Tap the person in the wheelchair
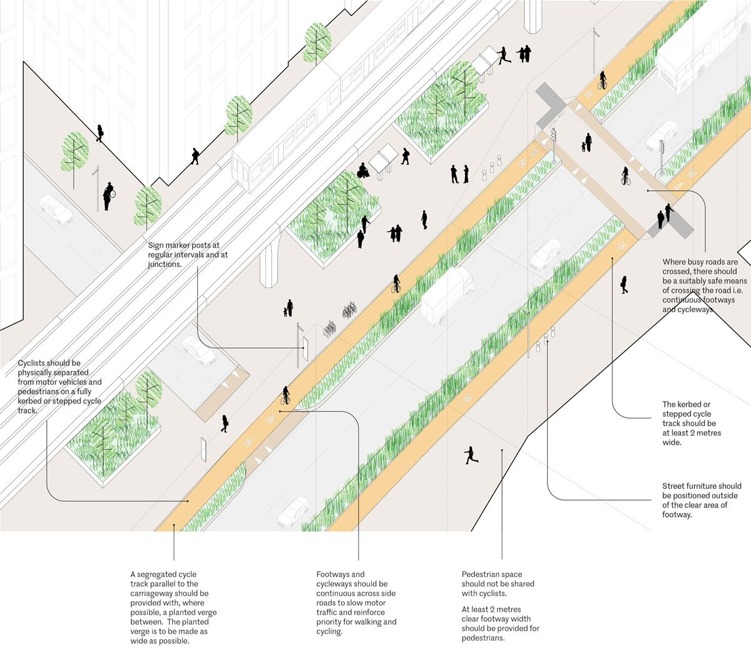[x=362, y=170]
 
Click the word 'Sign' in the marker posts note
[x=156, y=246]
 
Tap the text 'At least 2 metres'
[x=491, y=609]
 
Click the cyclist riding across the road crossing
[x=625, y=176]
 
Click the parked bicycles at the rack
[x=349, y=311]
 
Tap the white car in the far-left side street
[x=56, y=210]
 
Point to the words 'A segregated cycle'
[x=163, y=574]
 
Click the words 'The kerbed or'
[x=686, y=405]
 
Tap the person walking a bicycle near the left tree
[x=109, y=195]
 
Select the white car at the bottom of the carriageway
[x=293, y=512]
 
